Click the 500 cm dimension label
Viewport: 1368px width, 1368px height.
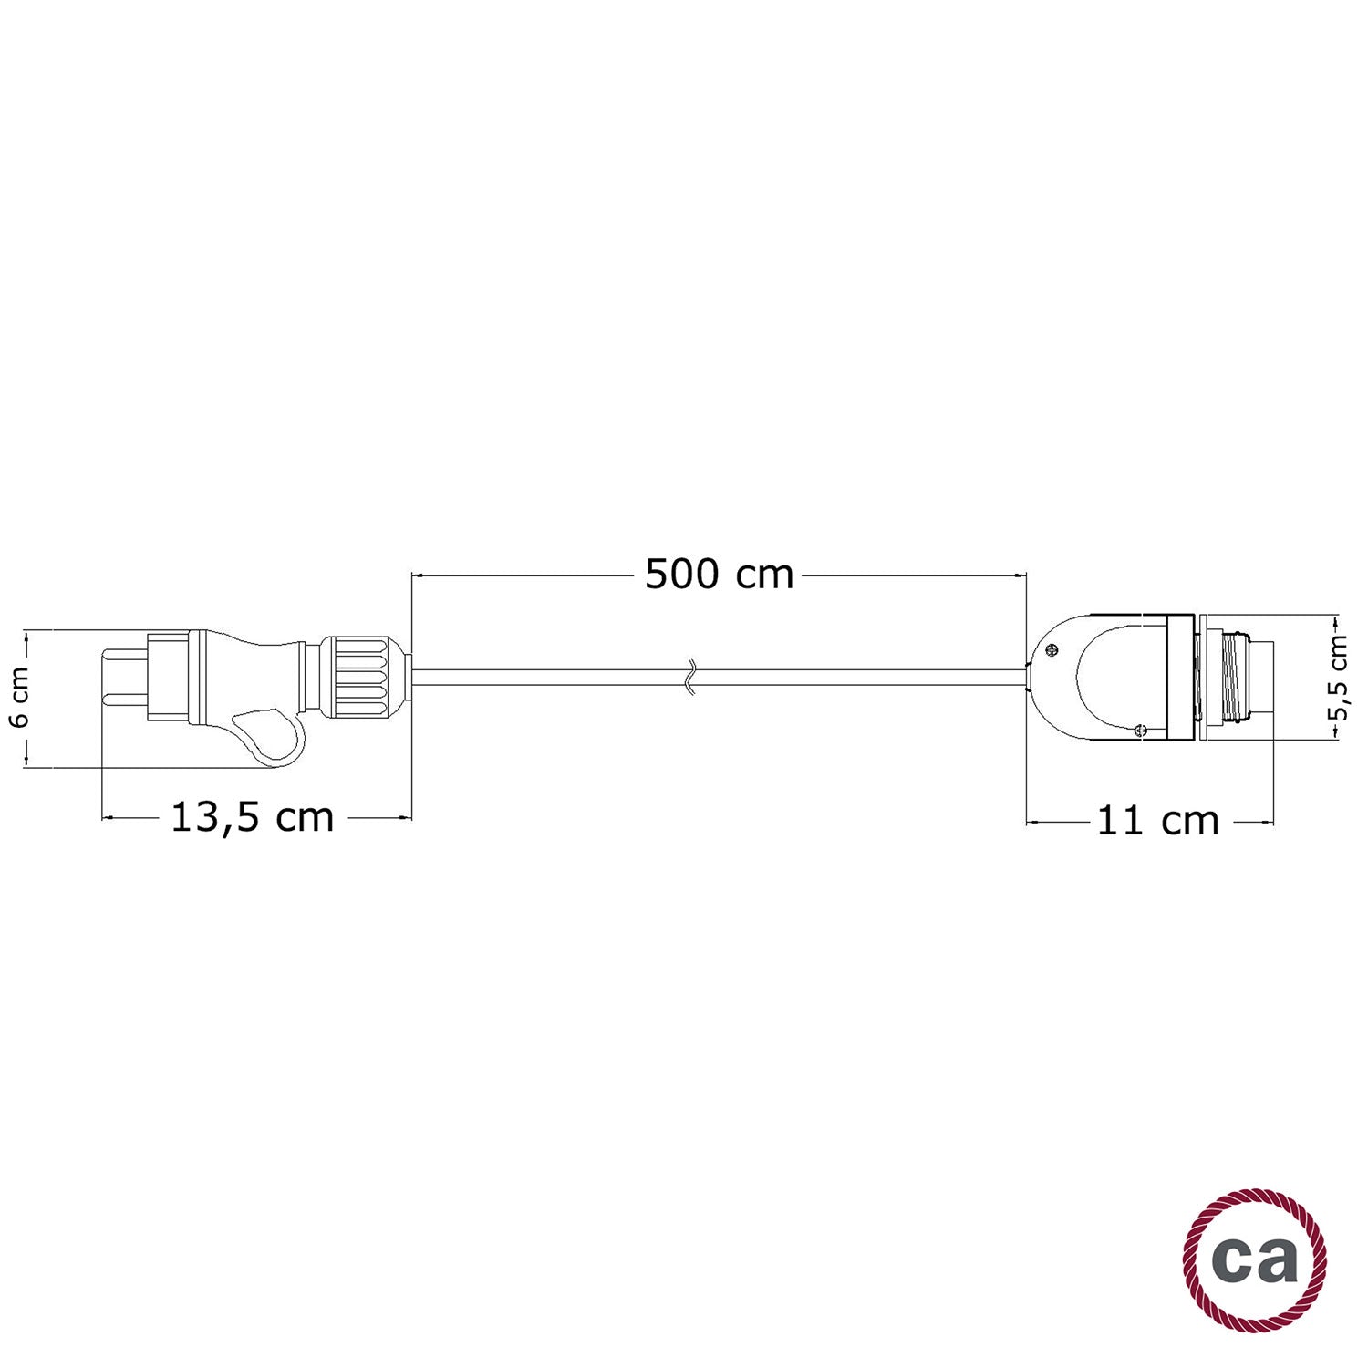(x=720, y=575)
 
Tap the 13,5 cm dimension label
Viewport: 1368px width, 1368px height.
(x=253, y=818)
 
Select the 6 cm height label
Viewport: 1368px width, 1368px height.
(x=20, y=697)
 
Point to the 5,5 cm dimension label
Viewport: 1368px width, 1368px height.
(x=1338, y=678)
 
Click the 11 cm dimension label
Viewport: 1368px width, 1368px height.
(x=1156, y=822)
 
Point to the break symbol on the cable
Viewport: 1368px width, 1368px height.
(x=691, y=678)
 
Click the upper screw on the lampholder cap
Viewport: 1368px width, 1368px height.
(x=1052, y=650)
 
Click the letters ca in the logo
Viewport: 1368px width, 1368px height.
(x=1256, y=1259)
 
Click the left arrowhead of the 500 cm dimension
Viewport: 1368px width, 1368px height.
(x=417, y=575)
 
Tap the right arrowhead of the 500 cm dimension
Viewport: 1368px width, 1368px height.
(x=1021, y=575)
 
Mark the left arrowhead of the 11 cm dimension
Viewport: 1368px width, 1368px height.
(x=1032, y=823)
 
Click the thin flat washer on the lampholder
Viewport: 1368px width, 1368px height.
(x=1199, y=678)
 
